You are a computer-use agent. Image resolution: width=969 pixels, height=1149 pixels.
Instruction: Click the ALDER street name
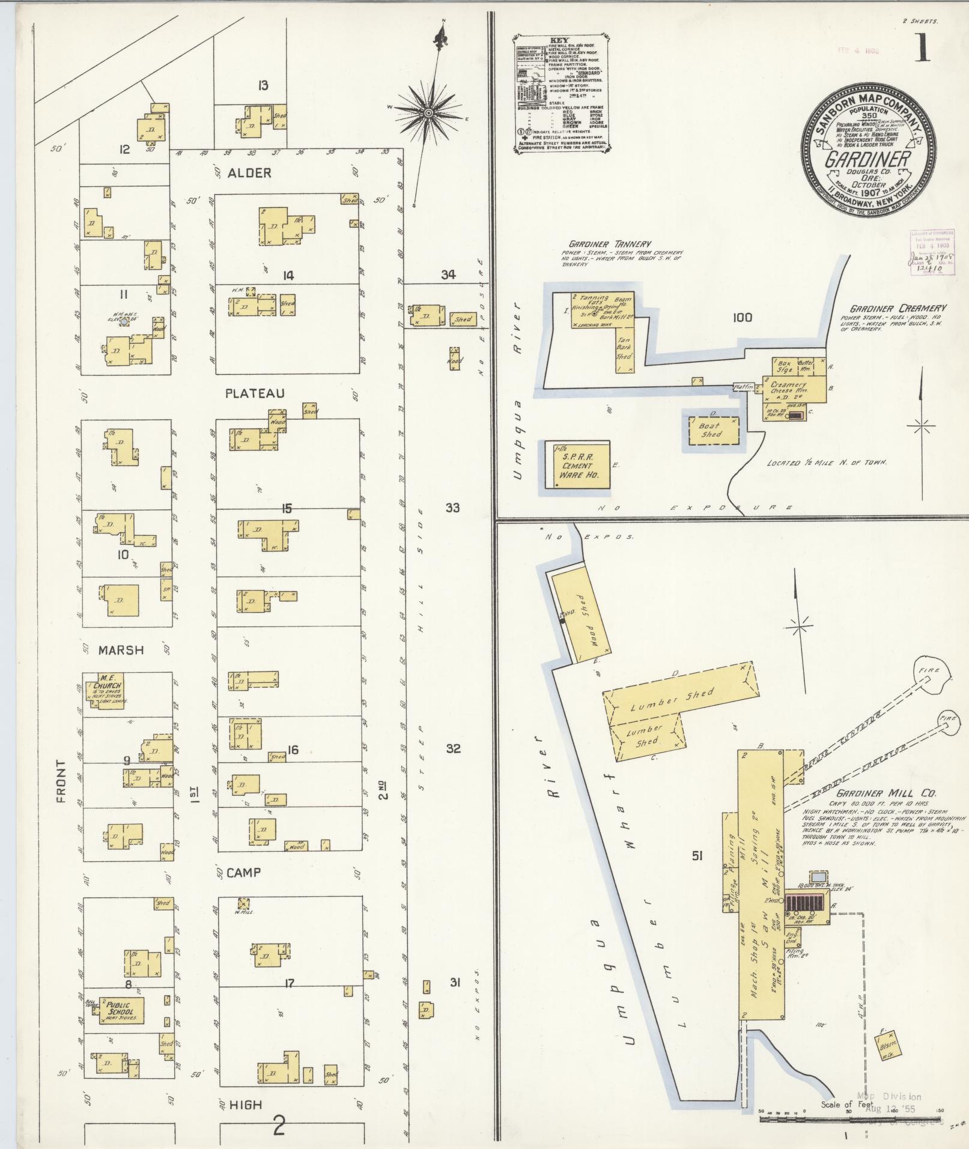(249, 173)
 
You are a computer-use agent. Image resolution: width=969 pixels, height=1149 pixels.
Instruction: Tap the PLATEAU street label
(255, 393)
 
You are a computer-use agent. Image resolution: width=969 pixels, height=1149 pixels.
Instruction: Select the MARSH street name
(121, 649)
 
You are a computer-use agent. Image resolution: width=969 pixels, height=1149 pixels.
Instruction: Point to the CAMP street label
(243, 872)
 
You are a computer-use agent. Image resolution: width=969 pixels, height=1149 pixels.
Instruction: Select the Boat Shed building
(710, 430)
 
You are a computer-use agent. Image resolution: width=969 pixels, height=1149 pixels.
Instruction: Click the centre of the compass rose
(428, 113)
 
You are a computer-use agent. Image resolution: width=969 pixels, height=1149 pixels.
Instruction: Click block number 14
(288, 276)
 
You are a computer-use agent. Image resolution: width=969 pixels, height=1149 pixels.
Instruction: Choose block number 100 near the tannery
(743, 317)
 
